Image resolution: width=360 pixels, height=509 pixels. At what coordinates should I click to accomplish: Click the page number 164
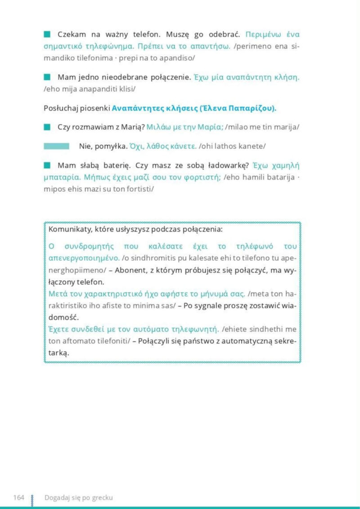pyautogui.click(x=18, y=497)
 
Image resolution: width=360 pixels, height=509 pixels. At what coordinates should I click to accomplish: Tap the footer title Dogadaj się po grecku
pyautogui.click(x=78, y=497)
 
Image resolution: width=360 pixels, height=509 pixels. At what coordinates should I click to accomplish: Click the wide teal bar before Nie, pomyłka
pyautogui.click(x=56, y=146)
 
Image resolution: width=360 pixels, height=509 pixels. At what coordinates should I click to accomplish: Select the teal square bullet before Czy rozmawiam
pyautogui.click(x=47, y=127)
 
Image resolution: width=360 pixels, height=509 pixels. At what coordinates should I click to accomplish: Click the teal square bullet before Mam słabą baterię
pyautogui.click(x=47, y=165)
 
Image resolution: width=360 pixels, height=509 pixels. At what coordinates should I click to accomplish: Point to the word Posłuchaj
pyautogui.click(x=60, y=108)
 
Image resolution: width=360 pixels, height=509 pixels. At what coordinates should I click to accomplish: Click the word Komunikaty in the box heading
pyautogui.click(x=68, y=230)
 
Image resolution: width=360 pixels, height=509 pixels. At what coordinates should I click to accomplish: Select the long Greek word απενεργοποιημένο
pyautogui.click(x=84, y=259)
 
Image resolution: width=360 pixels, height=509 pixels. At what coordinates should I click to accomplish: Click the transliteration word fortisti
pyautogui.click(x=139, y=188)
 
